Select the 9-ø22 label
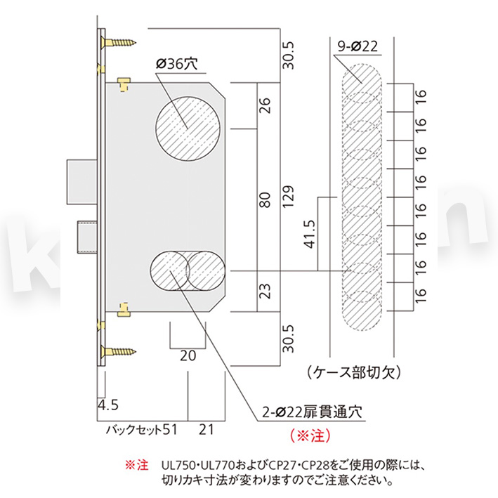358,46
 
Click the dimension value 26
265,106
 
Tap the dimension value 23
265,291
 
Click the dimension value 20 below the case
188,355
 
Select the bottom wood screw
118,351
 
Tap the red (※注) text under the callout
309,435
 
